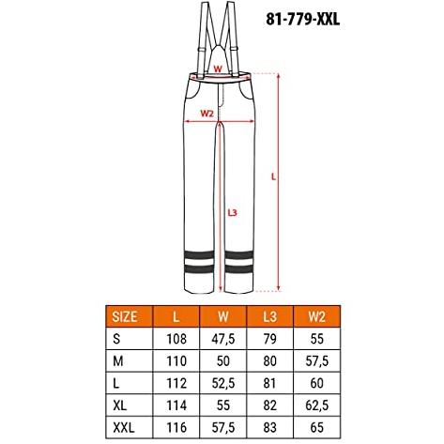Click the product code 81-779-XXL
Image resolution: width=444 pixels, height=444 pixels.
pyautogui.click(x=303, y=20)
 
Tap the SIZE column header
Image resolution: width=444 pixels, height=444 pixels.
pyautogui.click(x=125, y=316)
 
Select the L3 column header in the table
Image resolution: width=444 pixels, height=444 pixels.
pyautogui.click(x=269, y=316)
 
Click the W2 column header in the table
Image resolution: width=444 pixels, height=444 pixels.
pyautogui.click(x=316, y=316)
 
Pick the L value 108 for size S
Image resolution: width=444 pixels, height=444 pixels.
pyautogui.click(x=176, y=339)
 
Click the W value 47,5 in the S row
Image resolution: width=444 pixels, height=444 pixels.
pyautogui.click(x=223, y=339)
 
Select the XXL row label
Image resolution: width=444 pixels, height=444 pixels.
pyautogui.click(x=124, y=427)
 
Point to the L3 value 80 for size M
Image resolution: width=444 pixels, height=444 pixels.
pyautogui.click(x=269, y=361)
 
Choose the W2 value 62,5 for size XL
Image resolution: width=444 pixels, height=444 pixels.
pyautogui.click(x=317, y=406)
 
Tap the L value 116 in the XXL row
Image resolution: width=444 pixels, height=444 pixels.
pyautogui.click(x=176, y=427)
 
